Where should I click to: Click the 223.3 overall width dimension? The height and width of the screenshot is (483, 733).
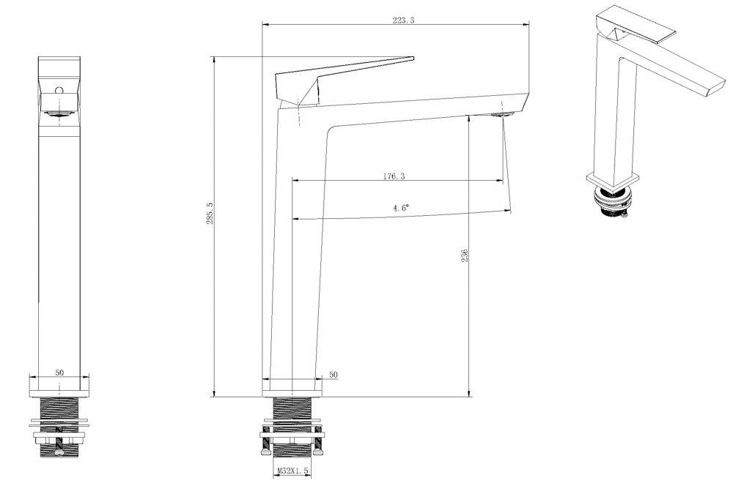(x=403, y=21)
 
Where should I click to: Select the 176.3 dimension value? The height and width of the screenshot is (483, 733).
(x=394, y=176)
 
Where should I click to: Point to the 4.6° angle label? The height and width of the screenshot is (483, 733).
(x=400, y=209)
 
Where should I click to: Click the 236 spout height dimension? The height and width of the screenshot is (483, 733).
(x=465, y=255)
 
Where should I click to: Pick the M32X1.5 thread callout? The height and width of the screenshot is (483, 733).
(x=292, y=473)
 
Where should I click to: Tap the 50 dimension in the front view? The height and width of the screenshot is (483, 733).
(x=60, y=372)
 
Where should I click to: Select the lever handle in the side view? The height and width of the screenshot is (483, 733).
(x=345, y=73)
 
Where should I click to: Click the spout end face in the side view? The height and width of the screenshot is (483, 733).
(x=525, y=102)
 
